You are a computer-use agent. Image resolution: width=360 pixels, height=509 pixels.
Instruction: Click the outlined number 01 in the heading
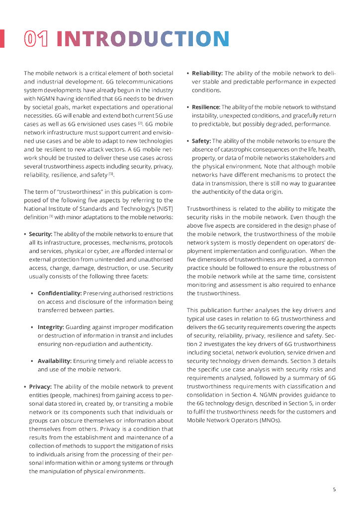tap(36, 39)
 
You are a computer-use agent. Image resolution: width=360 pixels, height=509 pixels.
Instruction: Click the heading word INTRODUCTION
tap(143, 39)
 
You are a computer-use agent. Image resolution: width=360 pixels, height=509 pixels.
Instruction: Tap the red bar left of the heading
tap(2, 39)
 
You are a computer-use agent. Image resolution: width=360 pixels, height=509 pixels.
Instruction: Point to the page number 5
tap(334, 489)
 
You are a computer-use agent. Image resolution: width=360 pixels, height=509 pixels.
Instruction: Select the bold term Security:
tap(40, 234)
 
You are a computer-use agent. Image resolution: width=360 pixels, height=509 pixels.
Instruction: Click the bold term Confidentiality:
tap(60, 293)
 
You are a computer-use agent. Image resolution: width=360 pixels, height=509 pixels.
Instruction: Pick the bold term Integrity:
tap(51, 327)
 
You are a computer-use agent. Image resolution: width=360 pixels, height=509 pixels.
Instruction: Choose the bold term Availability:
tap(55, 361)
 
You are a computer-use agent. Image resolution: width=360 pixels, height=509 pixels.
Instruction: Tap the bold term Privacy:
tap(40, 387)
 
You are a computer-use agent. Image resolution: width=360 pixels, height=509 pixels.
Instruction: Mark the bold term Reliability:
tap(207, 74)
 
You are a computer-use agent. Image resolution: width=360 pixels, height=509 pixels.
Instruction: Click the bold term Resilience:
tap(206, 107)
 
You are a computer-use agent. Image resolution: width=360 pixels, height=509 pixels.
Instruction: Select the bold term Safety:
tap(201, 141)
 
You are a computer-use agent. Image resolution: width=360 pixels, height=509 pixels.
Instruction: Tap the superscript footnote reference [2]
tap(141, 123)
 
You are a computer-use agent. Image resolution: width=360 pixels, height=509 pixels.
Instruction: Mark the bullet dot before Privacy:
tap(25, 387)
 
